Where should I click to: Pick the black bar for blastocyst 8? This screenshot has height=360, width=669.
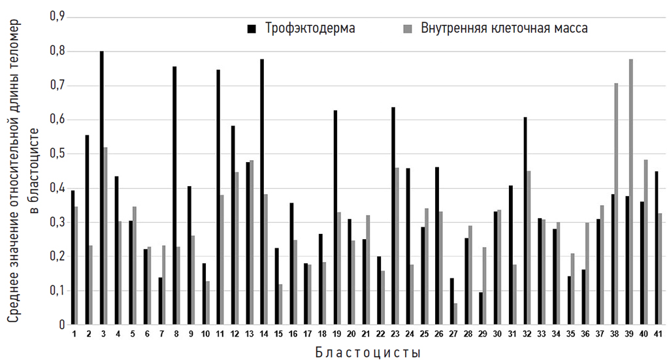174,195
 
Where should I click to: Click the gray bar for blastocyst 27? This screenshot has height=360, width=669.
454,314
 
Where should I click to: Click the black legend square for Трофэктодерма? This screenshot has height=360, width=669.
252,29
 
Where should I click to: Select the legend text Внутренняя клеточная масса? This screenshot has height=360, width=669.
504,29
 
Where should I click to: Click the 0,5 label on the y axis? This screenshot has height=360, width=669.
58,154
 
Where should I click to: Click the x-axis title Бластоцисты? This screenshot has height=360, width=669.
367,352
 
